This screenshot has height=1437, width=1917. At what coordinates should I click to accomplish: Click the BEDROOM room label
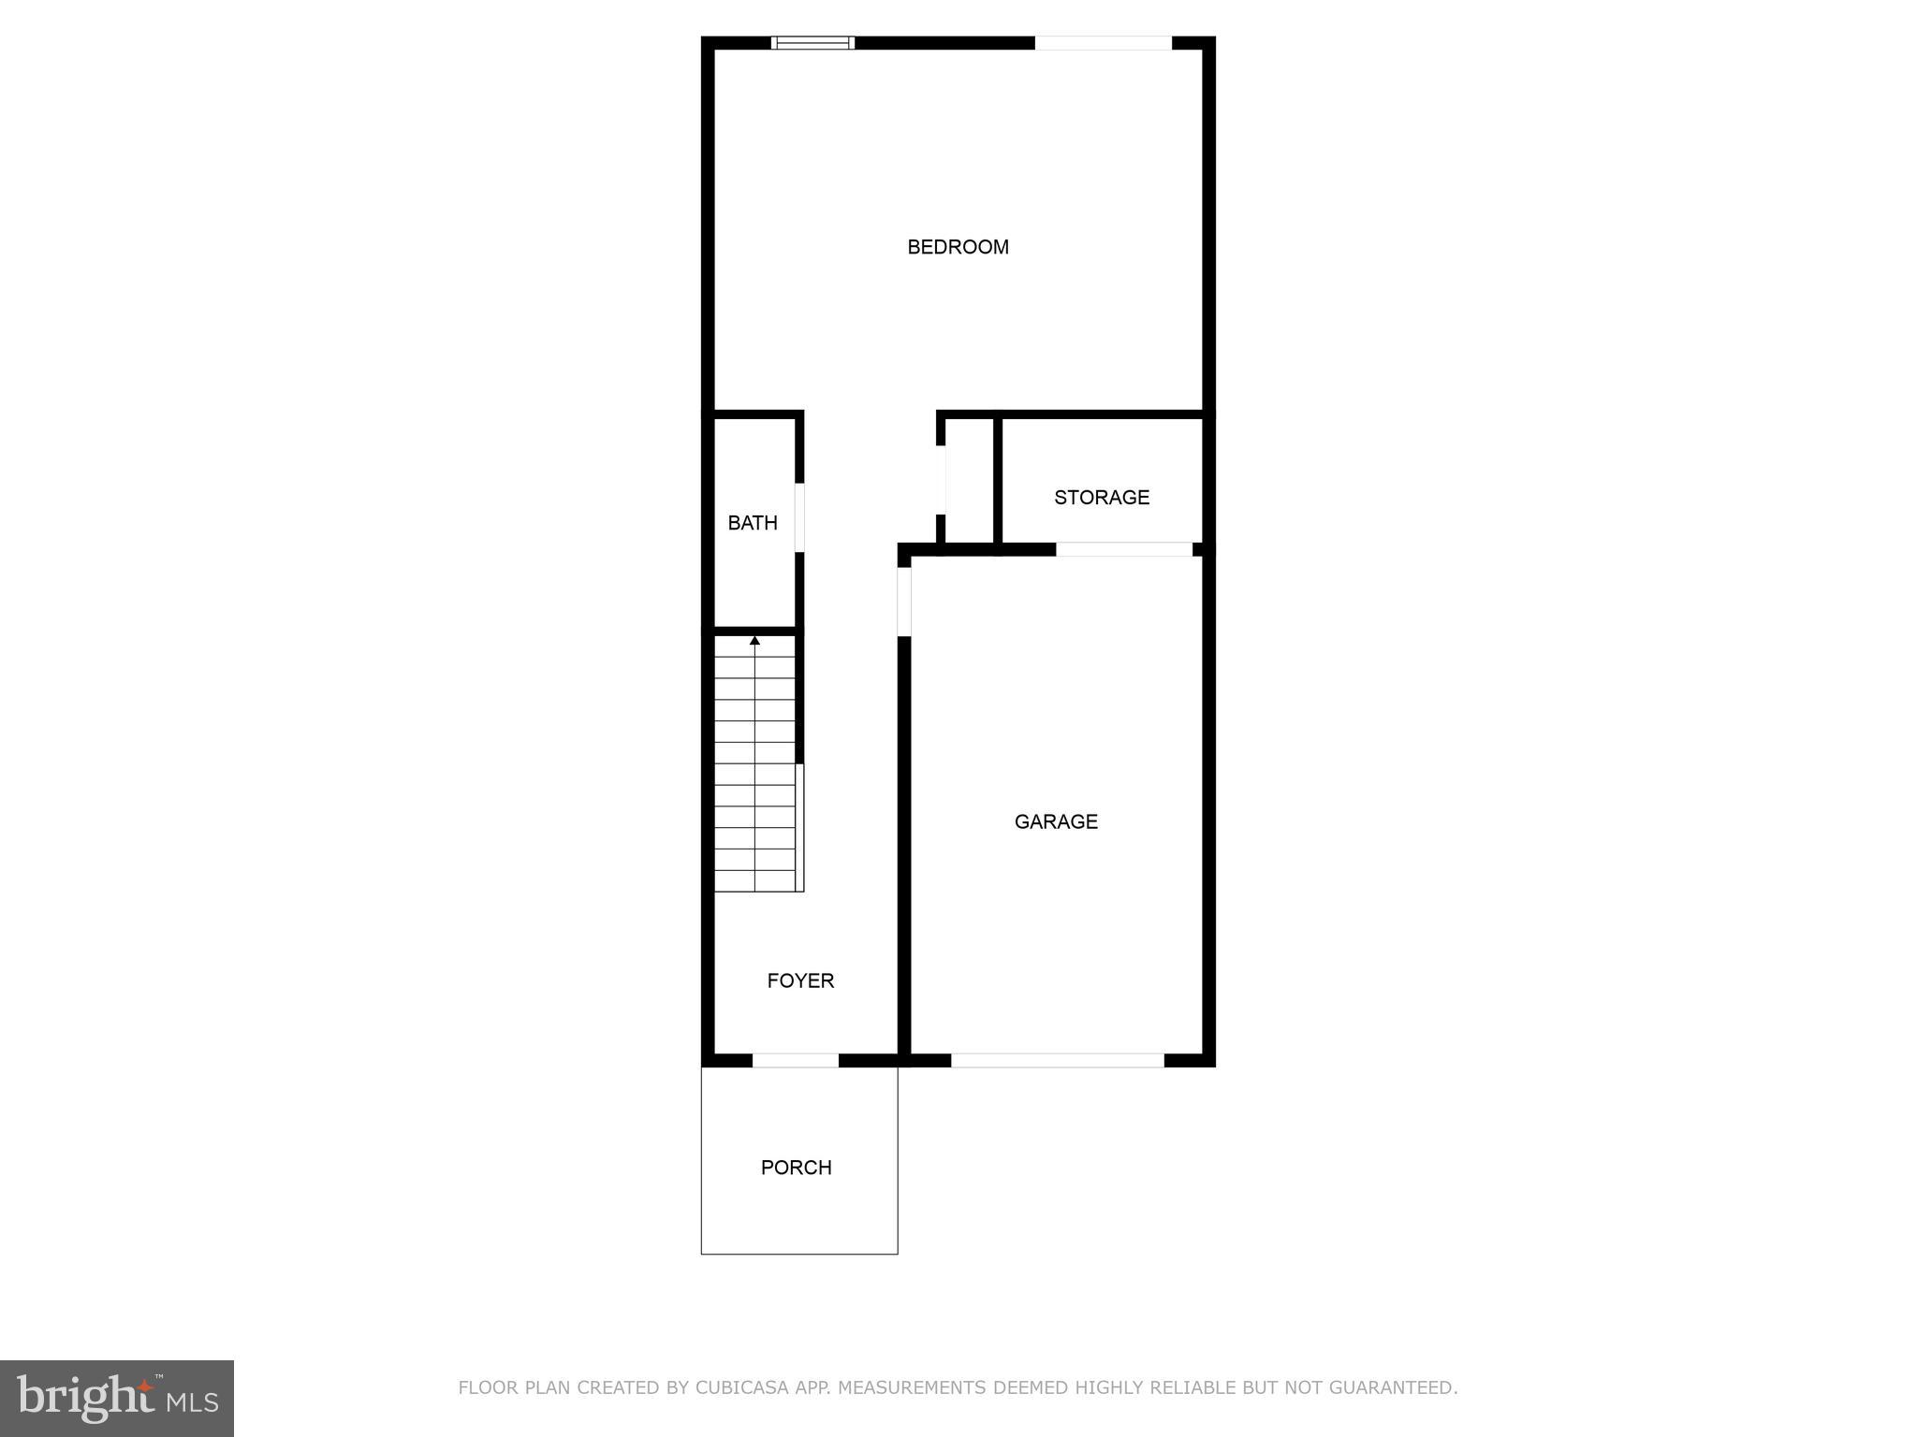click(958, 247)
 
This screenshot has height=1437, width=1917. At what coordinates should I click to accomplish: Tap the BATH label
click(753, 523)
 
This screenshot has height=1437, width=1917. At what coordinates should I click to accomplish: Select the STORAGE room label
click(1102, 498)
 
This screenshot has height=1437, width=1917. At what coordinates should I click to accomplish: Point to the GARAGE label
click(1056, 821)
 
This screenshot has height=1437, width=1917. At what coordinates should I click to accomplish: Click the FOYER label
click(800, 980)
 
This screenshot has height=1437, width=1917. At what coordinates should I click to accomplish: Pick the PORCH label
click(797, 1168)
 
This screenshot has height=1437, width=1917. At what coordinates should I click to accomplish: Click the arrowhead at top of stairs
click(754, 641)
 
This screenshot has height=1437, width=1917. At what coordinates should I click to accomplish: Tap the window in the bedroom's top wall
click(812, 42)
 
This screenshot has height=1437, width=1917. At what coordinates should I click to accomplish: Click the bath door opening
click(799, 517)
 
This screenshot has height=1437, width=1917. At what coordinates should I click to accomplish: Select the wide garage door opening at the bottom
click(1058, 1060)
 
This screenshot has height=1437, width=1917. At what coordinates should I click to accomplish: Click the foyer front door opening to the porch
click(796, 1060)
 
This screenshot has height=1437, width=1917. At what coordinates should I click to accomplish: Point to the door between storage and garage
click(1124, 549)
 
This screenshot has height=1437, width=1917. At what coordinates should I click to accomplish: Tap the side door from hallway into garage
click(904, 601)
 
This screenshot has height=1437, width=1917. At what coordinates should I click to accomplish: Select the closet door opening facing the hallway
click(941, 480)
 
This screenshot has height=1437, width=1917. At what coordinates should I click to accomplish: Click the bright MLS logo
click(117, 1399)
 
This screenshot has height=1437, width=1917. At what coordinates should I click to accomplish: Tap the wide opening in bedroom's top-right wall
click(1103, 42)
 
